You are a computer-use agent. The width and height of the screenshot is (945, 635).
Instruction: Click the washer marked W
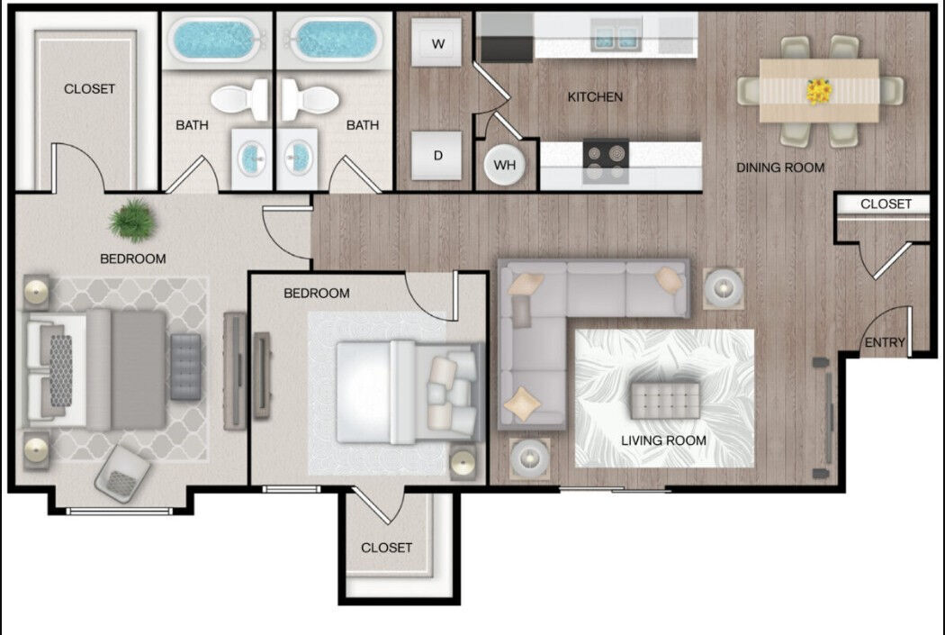point(437,44)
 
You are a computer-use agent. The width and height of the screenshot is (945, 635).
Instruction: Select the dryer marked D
point(437,155)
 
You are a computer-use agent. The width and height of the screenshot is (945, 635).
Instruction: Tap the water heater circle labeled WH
point(505,166)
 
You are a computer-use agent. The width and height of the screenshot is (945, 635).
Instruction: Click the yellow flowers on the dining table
point(819,90)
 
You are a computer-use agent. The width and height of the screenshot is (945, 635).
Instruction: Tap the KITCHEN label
point(594,96)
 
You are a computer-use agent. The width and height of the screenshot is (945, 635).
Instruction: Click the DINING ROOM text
point(779,168)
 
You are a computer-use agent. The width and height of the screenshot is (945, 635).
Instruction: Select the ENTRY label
point(884,343)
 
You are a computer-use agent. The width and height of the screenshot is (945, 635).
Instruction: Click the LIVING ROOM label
point(663,440)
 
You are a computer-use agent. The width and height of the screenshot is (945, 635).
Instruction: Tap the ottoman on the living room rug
point(665,397)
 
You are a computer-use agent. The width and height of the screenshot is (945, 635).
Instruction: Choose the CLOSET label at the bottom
point(386,548)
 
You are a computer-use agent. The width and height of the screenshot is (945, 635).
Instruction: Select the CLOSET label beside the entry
point(886,204)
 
